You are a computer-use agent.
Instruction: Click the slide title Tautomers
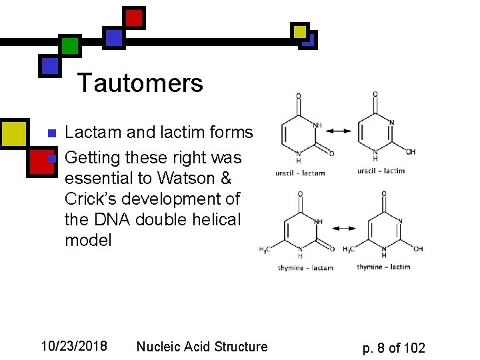(x=140, y=84)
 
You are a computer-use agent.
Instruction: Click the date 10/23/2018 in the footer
(x=74, y=346)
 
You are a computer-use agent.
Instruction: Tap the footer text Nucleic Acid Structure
(x=201, y=347)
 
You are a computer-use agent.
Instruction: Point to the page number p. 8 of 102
(x=393, y=347)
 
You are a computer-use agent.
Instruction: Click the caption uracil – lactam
(x=300, y=173)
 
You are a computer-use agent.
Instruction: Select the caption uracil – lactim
(x=381, y=171)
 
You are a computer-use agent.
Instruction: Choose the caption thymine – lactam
(x=305, y=268)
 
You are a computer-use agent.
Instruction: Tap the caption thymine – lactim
(x=383, y=267)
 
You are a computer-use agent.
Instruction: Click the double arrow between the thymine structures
(x=345, y=228)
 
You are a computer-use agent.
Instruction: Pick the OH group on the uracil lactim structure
(x=411, y=152)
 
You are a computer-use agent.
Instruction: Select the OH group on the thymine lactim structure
(x=418, y=249)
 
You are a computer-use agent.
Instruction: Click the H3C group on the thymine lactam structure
(x=265, y=250)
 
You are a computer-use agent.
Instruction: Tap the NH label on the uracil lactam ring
(x=317, y=124)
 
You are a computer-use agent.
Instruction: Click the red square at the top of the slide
(x=134, y=18)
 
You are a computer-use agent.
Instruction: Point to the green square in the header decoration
(x=69, y=46)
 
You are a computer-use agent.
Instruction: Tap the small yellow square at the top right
(x=300, y=31)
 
